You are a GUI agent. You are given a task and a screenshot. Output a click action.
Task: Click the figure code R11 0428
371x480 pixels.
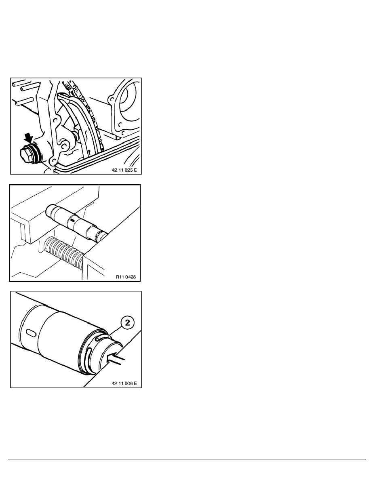pyautogui.click(x=126, y=277)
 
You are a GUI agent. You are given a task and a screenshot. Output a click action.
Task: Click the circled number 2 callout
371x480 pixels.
pyautogui.click(x=128, y=323)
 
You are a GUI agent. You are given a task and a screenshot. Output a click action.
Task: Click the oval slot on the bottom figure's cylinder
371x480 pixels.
pyautogui.click(x=31, y=333)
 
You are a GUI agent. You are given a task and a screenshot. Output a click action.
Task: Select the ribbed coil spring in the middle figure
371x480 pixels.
pyautogui.click(x=64, y=248)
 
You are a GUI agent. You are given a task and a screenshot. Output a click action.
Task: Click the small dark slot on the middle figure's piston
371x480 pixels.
pyautogui.click(x=72, y=220)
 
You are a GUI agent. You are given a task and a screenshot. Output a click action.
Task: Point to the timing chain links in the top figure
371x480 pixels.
pyautogui.click(x=89, y=113)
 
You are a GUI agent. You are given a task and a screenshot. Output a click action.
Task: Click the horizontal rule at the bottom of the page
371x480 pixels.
pyautogui.click(x=187, y=459)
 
